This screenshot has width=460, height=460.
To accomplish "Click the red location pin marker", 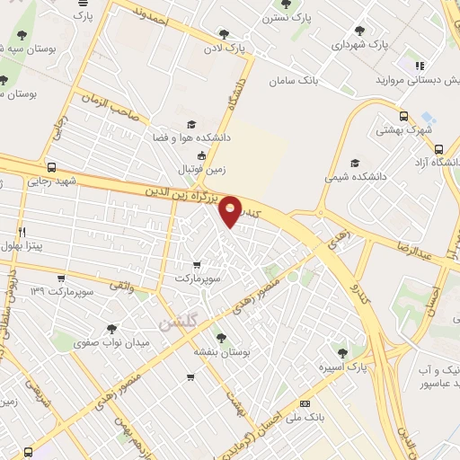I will tap(231, 211).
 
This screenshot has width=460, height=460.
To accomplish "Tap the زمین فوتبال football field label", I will tap(197, 168).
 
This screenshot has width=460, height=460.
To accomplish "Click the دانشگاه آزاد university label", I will tap(438, 161).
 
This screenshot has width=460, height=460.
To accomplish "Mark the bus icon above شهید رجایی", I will tap(51, 167).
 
